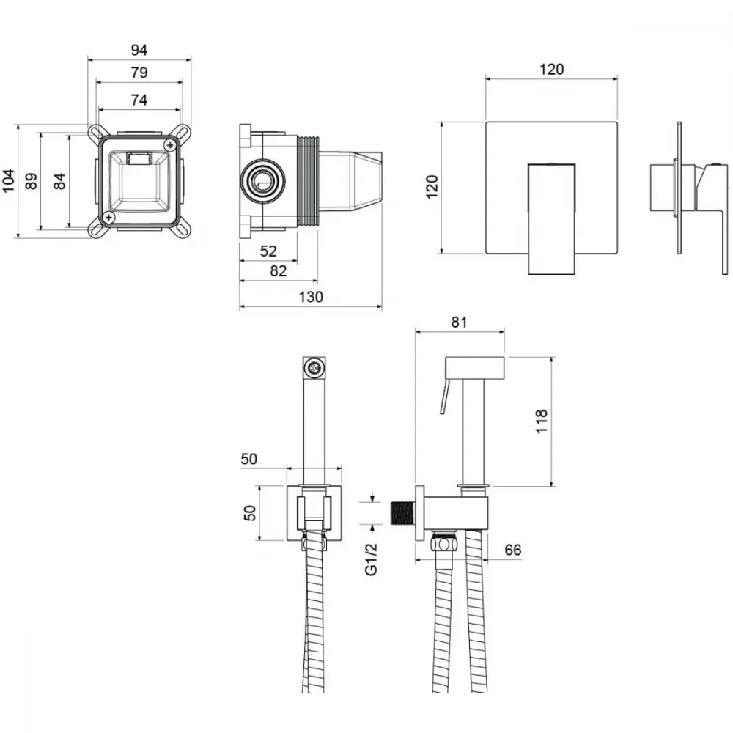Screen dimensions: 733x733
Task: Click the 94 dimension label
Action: tap(139, 50)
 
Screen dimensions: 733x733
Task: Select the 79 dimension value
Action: tap(139, 73)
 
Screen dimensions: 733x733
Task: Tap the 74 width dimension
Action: tap(139, 100)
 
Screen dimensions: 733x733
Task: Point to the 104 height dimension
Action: tap(8, 180)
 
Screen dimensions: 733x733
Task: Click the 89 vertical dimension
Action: tap(31, 181)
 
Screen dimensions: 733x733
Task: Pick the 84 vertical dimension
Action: tap(59, 181)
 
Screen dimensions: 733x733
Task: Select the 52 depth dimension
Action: tap(268, 251)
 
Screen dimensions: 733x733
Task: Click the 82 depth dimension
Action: tap(278, 271)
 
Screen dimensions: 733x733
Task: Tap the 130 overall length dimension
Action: tap(310, 297)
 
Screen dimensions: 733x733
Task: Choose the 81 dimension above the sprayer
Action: tap(459, 322)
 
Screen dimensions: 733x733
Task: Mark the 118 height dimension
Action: tap(542, 421)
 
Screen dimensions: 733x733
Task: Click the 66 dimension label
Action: tap(513, 550)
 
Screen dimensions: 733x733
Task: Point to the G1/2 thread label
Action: tap(371, 559)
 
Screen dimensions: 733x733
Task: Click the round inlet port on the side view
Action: tap(262, 181)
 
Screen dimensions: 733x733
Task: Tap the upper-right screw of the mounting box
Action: tap(170, 145)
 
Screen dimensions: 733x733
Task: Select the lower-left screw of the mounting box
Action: tap(109, 217)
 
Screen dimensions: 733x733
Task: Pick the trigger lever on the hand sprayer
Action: tap(445, 396)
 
